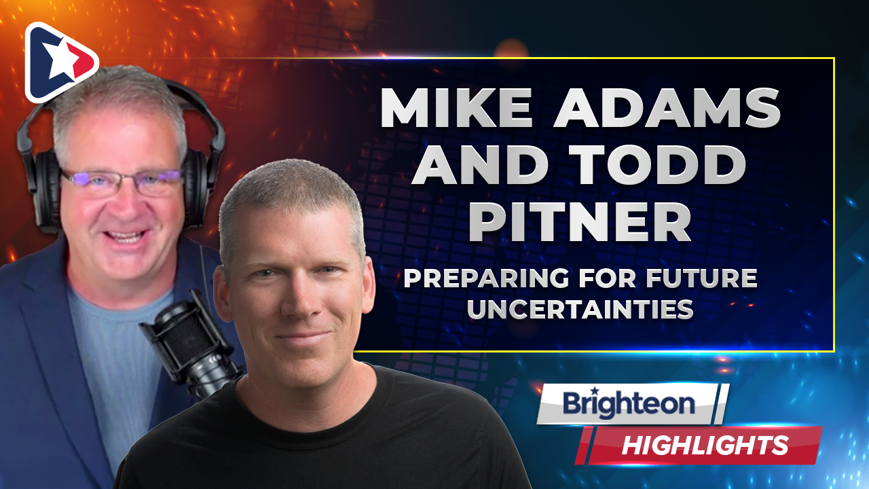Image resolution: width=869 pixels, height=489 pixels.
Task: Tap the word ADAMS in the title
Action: (x=667, y=107)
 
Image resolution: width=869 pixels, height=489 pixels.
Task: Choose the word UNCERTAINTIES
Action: (x=580, y=309)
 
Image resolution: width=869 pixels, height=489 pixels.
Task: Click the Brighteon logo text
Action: (x=629, y=403)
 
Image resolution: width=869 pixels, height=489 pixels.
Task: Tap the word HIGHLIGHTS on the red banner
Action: (x=705, y=445)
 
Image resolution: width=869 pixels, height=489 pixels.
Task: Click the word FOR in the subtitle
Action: (x=608, y=278)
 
